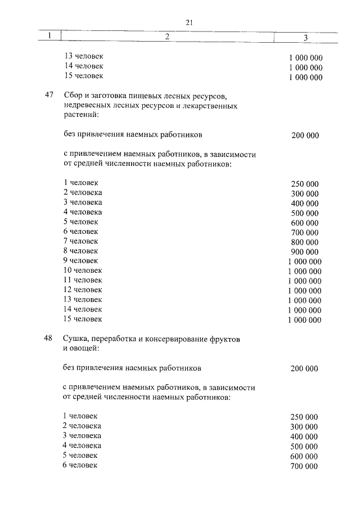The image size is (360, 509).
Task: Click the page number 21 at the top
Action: coord(189,22)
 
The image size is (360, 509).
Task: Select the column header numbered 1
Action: coord(49,37)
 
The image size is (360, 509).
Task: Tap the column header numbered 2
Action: coord(167,37)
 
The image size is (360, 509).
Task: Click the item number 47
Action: coord(48,95)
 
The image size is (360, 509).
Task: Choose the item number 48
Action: coord(48,339)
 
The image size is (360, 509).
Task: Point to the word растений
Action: coord(79,115)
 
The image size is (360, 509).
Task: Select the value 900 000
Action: coord(305,251)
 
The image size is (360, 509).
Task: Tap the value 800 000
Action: coord(305,242)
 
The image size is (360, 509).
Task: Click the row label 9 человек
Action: coord(81,260)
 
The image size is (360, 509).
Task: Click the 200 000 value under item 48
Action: coord(304,369)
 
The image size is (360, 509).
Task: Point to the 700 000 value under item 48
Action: coord(304,466)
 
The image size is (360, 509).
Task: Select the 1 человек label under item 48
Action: coord(80,416)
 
